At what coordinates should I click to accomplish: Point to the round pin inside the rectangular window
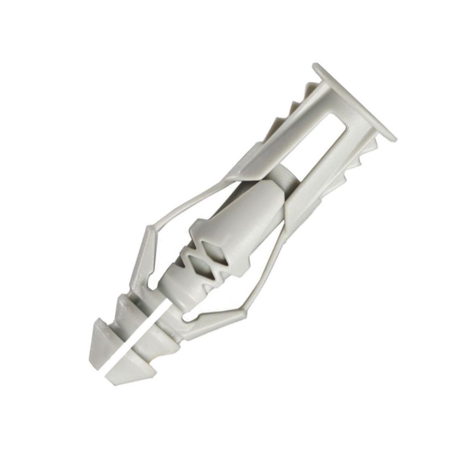(282, 171)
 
